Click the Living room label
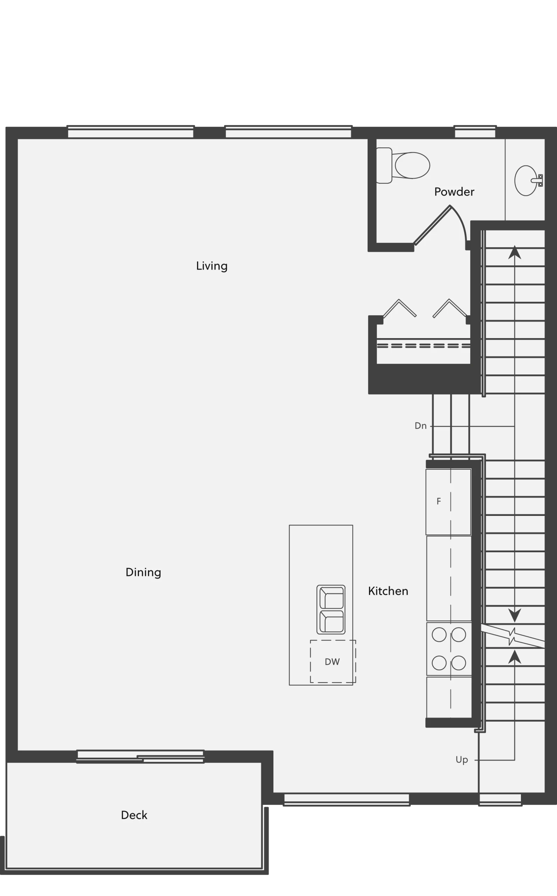[x=211, y=266]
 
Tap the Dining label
[x=143, y=572]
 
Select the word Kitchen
[x=388, y=591]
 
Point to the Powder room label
[x=454, y=192]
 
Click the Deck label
[x=134, y=815]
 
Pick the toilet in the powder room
[x=403, y=165]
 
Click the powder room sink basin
[x=526, y=181]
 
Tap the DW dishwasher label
[x=332, y=662]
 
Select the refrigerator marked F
[x=448, y=502]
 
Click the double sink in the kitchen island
[x=331, y=609]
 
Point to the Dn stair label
[x=420, y=426]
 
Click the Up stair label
[x=461, y=759]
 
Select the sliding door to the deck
[x=140, y=756]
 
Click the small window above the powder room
[x=475, y=132]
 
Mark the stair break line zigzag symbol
[x=513, y=636]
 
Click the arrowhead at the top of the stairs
[x=515, y=252]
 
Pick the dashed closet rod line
[x=424, y=346]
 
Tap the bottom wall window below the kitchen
[x=347, y=799]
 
